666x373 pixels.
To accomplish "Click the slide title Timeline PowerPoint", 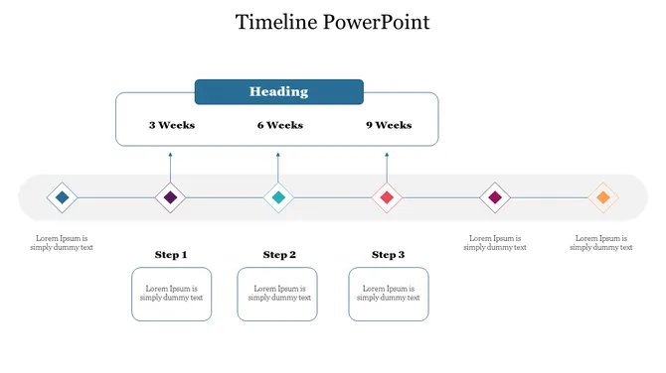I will (332, 22).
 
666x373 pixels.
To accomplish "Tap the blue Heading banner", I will (278, 92).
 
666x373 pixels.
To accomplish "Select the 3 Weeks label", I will (172, 125).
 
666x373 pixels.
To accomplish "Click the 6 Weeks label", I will (279, 125).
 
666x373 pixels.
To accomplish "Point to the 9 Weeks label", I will (388, 125).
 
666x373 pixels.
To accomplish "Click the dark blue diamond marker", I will (63, 197).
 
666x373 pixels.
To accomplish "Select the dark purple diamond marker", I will (171, 197).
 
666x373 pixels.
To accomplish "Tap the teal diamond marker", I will (278, 197).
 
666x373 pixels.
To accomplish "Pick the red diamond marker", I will (387, 197).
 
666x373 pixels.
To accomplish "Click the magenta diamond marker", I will (495, 197).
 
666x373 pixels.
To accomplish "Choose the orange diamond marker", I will (602, 197).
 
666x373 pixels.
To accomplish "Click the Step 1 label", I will (171, 255).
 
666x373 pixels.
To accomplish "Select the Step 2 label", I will (279, 255).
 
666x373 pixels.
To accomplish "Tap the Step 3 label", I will (388, 255).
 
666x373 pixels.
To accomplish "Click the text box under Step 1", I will (171, 294).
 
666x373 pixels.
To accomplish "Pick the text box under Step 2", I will (277, 294).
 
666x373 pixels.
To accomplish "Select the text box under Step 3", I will (389, 294).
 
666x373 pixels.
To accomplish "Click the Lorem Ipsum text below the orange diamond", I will (601, 243).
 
